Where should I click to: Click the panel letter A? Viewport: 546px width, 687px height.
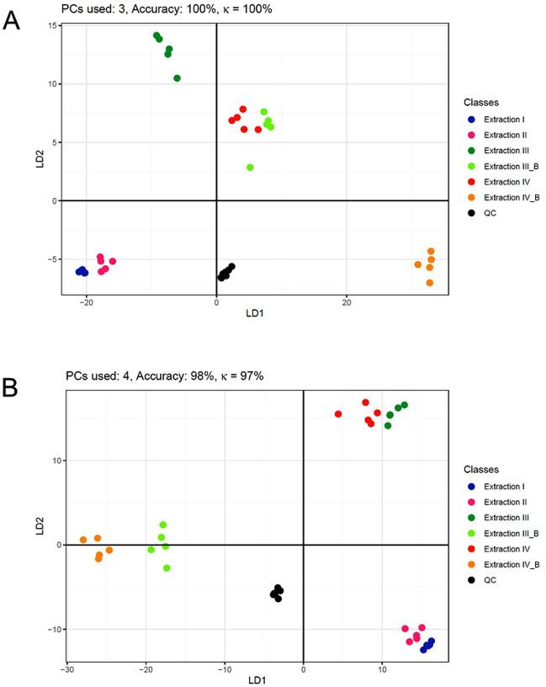click(12, 20)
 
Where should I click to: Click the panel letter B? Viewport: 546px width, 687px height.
click(12, 388)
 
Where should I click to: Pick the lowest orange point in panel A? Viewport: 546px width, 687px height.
click(430, 283)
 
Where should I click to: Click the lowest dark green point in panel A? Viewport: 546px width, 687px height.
click(178, 78)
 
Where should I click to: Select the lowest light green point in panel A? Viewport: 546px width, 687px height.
click(250, 168)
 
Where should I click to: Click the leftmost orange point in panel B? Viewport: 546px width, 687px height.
click(83, 540)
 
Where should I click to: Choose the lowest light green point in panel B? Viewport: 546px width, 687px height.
click(167, 568)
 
